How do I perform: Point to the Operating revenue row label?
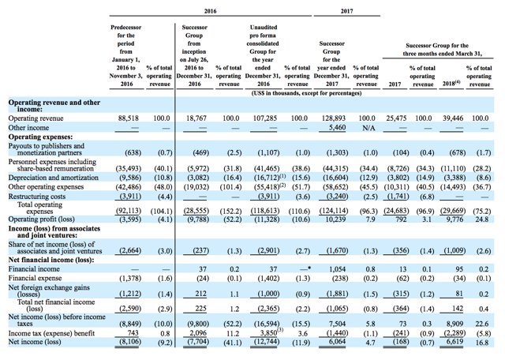pyautogui.click(x=37, y=118)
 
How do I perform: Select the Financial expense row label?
pyautogui.click(x=36, y=279)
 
